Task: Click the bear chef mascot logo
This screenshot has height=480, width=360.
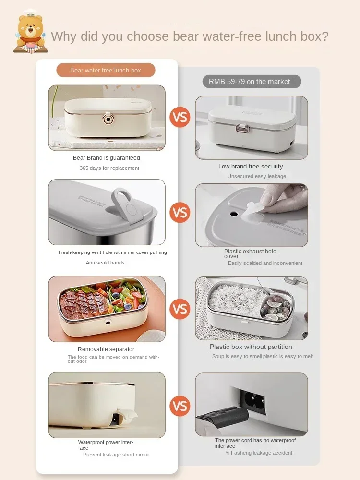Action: click(x=30, y=32)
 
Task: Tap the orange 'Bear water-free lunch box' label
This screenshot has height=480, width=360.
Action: click(x=106, y=70)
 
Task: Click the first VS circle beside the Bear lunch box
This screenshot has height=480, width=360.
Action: click(x=180, y=117)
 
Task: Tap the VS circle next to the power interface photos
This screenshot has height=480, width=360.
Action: click(x=180, y=407)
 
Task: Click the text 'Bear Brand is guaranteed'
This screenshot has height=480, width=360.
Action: click(x=107, y=158)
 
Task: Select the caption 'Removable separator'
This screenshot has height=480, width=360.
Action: click(x=106, y=349)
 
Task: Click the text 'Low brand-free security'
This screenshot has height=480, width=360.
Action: click(x=251, y=167)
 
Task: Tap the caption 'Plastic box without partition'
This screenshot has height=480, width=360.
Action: click(x=251, y=347)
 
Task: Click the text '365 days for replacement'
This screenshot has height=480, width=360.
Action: click(x=109, y=168)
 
